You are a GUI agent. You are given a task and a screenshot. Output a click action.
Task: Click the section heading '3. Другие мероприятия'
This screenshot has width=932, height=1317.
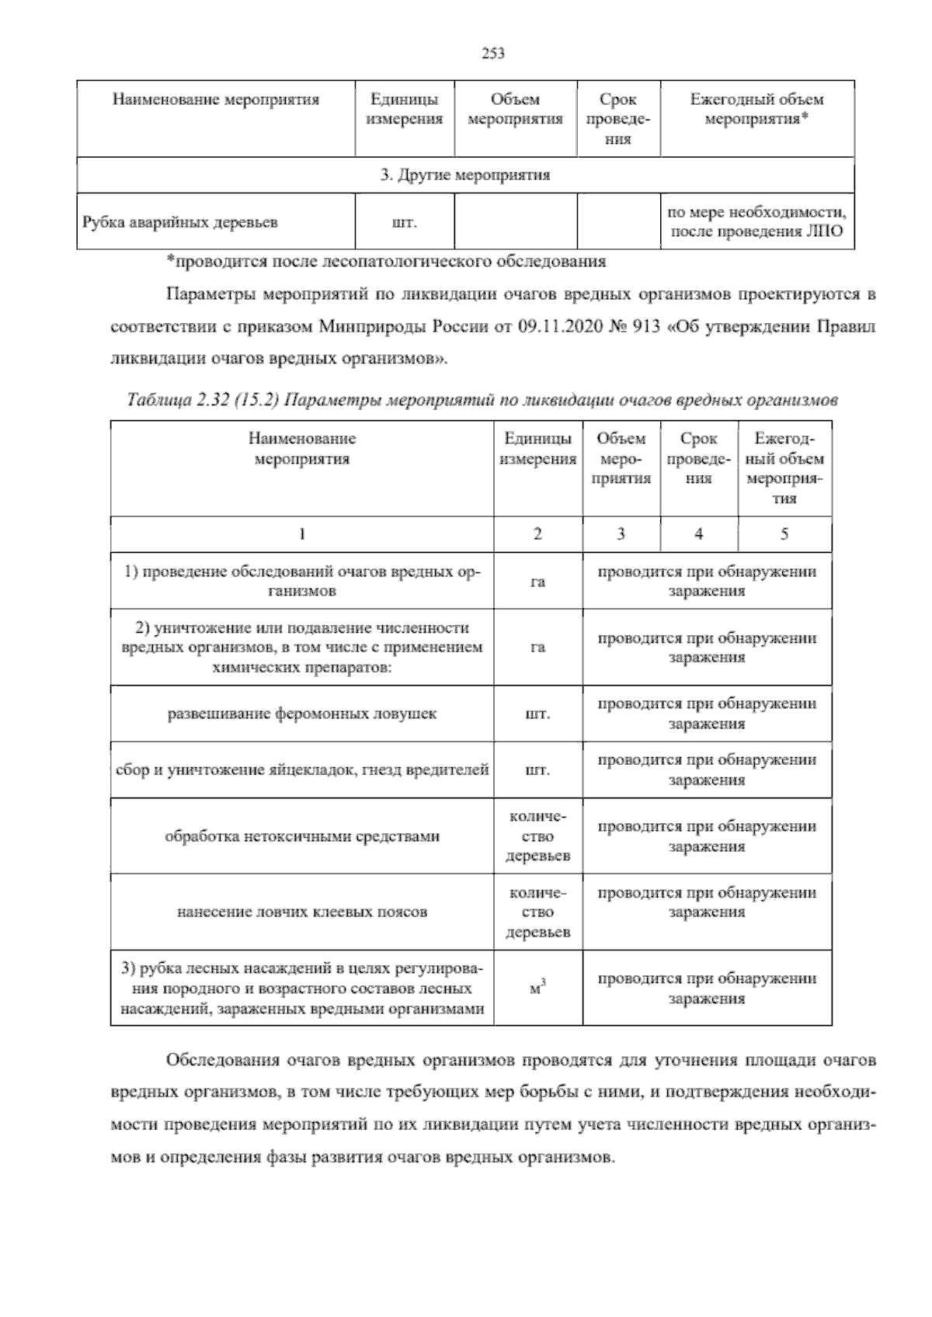click(x=465, y=175)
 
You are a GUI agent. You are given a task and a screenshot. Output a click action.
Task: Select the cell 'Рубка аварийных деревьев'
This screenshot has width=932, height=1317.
click(x=180, y=223)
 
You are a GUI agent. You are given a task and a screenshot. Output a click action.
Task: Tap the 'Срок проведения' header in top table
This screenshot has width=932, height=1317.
click(x=618, y=120)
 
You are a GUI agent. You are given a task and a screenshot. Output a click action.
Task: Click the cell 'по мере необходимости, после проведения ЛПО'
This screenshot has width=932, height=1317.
click(x=757, y=222)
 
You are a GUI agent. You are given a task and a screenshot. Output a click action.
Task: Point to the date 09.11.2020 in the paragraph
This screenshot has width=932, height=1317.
click(x=560, y=327)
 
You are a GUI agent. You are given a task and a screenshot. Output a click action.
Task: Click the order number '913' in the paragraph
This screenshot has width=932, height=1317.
click(x=649, y=327)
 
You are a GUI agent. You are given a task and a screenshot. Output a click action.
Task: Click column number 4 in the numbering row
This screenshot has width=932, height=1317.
click(x=699, y=534)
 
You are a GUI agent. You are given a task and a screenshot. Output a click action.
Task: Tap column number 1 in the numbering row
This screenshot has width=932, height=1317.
click(x=302, y=534)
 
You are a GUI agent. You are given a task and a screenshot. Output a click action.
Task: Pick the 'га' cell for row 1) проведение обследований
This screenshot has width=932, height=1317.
click(x=537, y=582)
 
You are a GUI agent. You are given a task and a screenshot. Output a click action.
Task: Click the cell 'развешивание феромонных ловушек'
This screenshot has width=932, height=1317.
click(x=302, y=714)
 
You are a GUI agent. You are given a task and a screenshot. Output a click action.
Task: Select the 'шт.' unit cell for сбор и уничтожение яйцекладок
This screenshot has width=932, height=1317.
click(x=537, y=770)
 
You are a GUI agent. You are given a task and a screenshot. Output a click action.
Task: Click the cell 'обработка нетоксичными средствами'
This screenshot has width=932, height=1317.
click(x=302, y=836)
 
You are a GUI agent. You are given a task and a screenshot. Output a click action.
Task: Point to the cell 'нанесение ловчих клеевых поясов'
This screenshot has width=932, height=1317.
click(x=302, y=912)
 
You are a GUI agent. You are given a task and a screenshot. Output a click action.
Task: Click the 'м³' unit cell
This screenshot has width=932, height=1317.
click(x=537, y=989)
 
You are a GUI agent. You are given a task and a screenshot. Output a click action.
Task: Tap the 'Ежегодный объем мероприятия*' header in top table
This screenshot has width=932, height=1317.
click(x=756, y=109)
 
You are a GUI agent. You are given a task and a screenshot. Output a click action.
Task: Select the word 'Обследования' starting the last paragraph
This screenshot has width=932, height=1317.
click(x=221, y=1060)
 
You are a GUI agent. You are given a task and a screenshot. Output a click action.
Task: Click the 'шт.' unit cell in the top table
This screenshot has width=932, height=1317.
click(x=404, y=223)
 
